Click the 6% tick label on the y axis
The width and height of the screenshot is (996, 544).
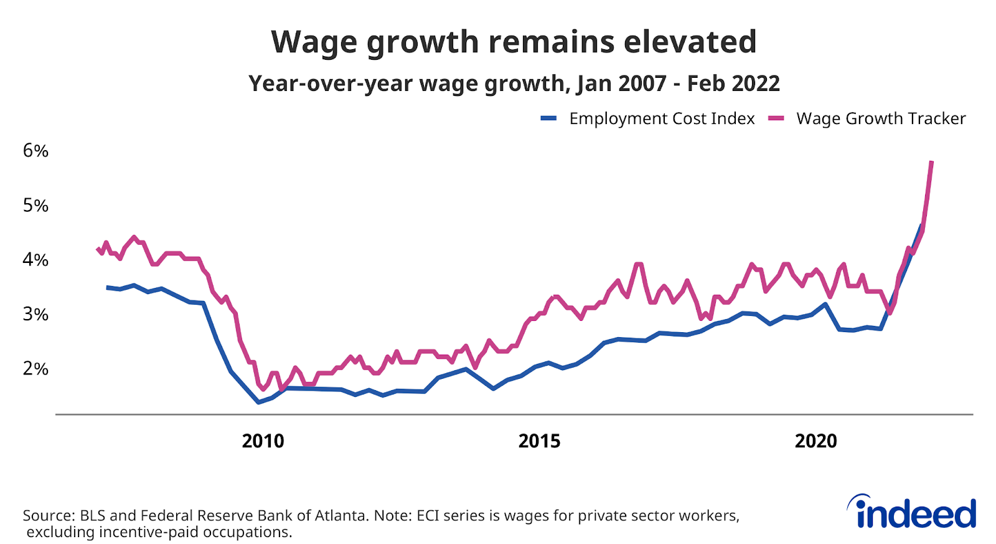coord(35,151)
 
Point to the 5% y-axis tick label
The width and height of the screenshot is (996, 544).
coord(35,206)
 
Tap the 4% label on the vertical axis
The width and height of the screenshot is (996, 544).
coord(35,260)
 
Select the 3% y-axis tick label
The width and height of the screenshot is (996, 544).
coord(35,314)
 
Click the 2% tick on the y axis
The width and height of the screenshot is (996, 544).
coord(35,368)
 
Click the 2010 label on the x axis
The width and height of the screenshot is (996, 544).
coord(263,441)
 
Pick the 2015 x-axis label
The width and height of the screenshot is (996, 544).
coord(539,441)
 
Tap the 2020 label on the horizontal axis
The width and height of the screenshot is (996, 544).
coord(815,441)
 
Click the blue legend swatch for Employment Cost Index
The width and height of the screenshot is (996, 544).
coord(548,118)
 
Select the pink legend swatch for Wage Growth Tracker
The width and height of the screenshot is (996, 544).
coord(776,118)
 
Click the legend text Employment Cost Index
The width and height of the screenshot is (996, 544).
coord(662,118)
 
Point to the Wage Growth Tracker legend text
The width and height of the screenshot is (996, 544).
coord(881,118)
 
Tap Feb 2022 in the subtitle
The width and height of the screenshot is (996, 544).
coord(733,84)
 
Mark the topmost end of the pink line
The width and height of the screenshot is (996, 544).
coord(931,162)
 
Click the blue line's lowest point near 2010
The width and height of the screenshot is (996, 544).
coord(259,403)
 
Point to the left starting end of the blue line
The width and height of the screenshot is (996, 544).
coord(107,287)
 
